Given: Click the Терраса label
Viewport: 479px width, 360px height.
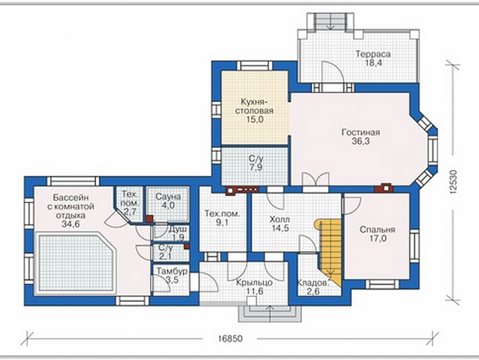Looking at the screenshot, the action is coord(373,54).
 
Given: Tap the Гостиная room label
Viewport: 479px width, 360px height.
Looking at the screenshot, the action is coord(361,132).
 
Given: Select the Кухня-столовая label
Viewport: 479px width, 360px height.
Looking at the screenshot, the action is coord(254,106).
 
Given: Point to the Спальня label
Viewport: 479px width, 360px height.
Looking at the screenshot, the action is coord(377,229).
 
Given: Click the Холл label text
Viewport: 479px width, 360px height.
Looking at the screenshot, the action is coord(280,219).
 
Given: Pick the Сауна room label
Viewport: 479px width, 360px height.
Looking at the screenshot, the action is coord(168,196).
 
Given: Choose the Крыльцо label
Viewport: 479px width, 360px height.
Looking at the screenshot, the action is coord(255,283).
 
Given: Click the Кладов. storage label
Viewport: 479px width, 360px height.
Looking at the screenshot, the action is coord(314,282).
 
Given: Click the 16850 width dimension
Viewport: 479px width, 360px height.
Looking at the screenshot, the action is coord(230,339).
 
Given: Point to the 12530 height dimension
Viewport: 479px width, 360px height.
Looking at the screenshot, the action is coord(453,182).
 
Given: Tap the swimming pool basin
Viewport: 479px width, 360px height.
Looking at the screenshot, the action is coord(76,263).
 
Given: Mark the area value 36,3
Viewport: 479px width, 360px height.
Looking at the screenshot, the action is coord(361,141).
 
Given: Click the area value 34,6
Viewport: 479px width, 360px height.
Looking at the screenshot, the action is coord(70,224).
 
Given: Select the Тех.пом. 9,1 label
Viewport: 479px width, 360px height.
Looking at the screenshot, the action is coord(222,218).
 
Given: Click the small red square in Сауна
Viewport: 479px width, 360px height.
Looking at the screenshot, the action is coord(149,219).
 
